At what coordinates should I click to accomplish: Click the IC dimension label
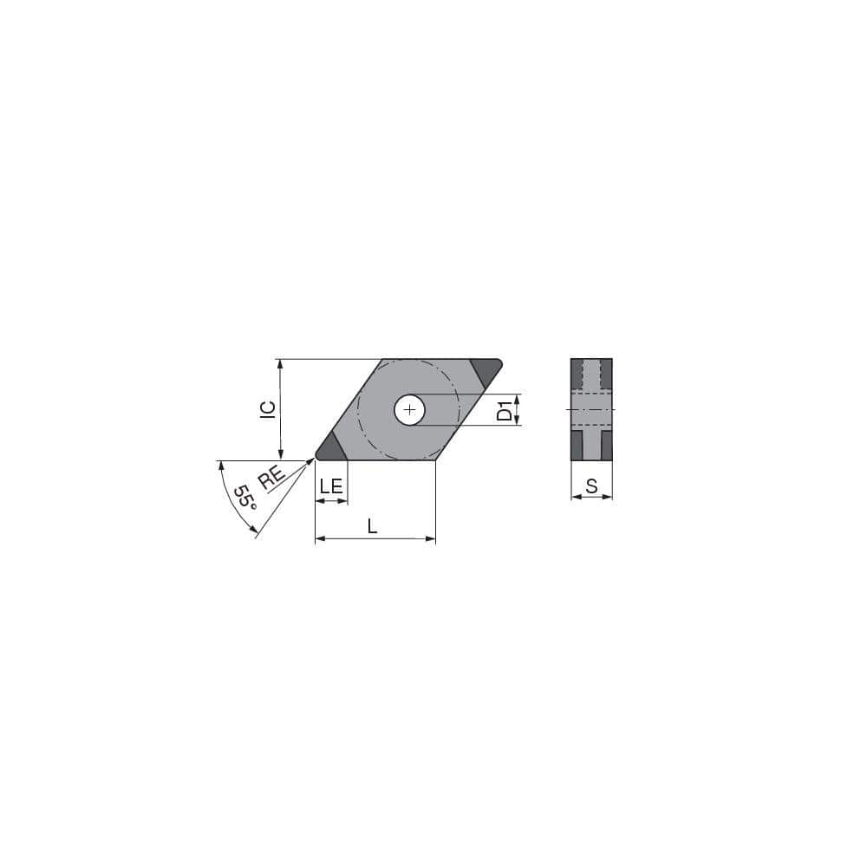point(268,409)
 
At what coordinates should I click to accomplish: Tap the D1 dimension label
point(504,410)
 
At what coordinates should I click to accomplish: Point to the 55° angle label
point(244,497)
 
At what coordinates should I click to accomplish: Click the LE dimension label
point(331,486)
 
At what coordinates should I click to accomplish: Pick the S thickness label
point(591,486)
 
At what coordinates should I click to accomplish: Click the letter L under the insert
point(373,525)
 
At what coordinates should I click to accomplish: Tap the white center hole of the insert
point(409,409)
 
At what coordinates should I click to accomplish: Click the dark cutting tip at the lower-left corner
point(330,447)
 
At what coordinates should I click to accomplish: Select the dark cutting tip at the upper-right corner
point(486,371)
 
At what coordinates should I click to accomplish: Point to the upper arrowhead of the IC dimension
point(280,364)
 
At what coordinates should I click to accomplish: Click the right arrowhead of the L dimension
point(430,538)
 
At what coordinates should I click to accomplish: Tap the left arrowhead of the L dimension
point(320,538)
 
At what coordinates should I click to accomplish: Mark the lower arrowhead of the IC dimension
point(280,454)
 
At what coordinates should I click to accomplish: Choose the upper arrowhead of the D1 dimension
point(518,399)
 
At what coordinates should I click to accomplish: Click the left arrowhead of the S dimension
point(575,497)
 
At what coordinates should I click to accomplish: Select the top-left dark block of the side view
point(577,374)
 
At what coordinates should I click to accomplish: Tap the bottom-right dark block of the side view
point(607,446)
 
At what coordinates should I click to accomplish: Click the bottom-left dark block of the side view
point(577,446)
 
